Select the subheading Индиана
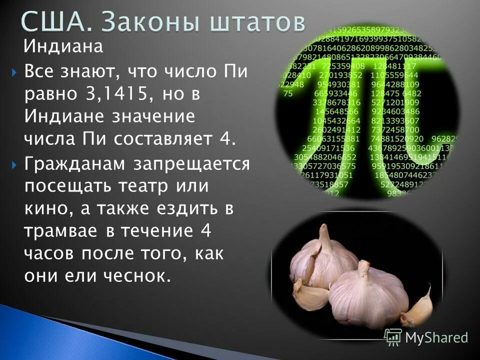pos(63,48)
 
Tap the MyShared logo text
pos(436,337)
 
